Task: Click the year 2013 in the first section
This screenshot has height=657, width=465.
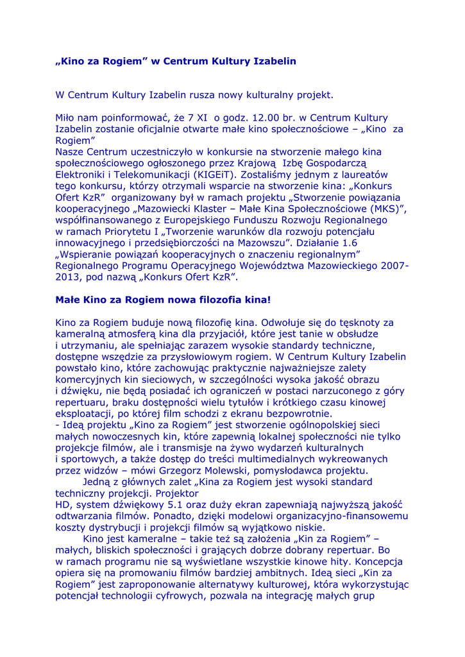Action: (69, 277)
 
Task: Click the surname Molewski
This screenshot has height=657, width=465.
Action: (219, 470)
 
